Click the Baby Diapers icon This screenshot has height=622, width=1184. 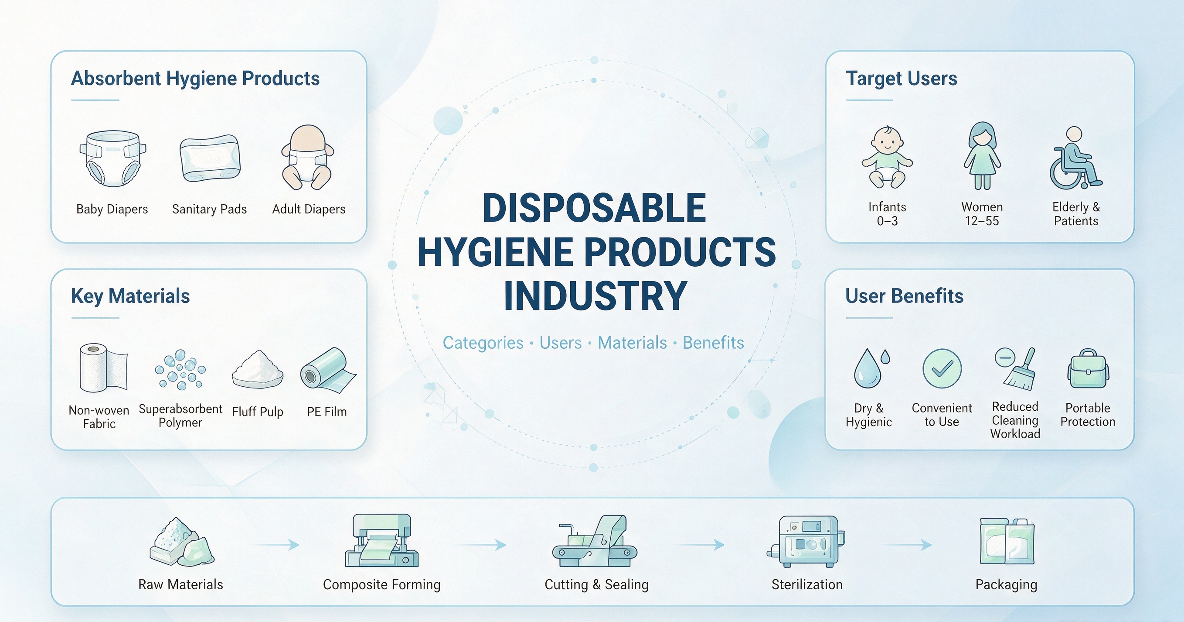click(x=113, y=158)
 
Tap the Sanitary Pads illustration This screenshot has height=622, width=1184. click(x=210, y=158)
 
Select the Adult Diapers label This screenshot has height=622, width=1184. click(x=309, y=210)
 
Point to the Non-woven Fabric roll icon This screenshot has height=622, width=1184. click(x=103, y=368)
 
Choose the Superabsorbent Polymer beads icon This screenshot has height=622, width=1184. click(x=180, y=369)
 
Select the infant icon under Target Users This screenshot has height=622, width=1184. click(x=887, y=157)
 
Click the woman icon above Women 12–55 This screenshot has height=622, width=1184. click(x=982, y=155)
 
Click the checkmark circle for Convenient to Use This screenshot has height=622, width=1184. click(x=942, y=368)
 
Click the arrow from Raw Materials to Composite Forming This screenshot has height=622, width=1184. click(x=276, y=545)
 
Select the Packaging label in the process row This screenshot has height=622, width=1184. click(x=1007, y=585)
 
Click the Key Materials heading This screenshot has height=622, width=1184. click(x=130, y=296)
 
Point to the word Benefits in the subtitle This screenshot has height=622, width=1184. click(x=713, y=343)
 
